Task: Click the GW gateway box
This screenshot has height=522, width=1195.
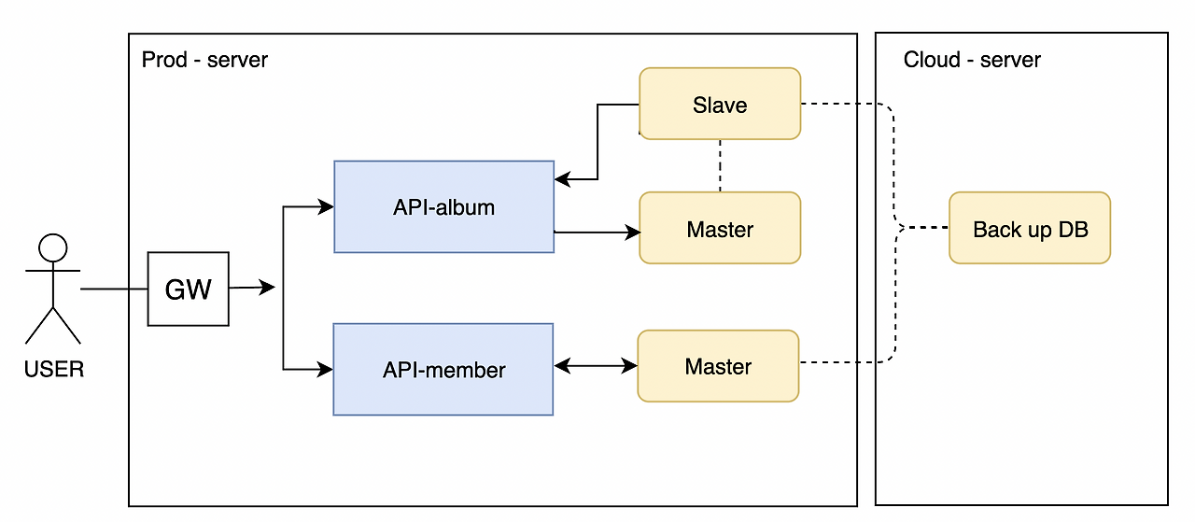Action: point(188,289)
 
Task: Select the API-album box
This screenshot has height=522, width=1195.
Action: point(443,206)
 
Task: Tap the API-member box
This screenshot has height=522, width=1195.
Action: point(443,369)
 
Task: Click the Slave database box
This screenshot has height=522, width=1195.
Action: point(719,104)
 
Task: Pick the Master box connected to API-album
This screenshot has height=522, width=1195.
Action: point(719,228)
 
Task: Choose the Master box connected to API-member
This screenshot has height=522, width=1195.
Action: point(718,366)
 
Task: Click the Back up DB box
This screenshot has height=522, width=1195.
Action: point(1030,228)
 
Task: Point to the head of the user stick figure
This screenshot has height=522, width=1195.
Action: point(52,247)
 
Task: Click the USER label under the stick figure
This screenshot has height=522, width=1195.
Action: point(53,370)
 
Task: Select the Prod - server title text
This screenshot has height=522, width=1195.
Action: point(204,60)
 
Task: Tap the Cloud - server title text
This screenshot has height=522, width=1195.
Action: point(972,60)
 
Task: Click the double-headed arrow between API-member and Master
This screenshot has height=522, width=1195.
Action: point(596,367)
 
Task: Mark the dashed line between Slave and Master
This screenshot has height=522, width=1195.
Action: point(720,165)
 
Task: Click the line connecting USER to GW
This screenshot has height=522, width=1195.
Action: point(114,289)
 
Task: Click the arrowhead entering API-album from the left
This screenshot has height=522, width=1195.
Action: point(326,206)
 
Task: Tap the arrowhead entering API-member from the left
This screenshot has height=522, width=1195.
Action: point(326,370)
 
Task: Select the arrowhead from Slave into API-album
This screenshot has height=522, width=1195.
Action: point(562,179)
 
